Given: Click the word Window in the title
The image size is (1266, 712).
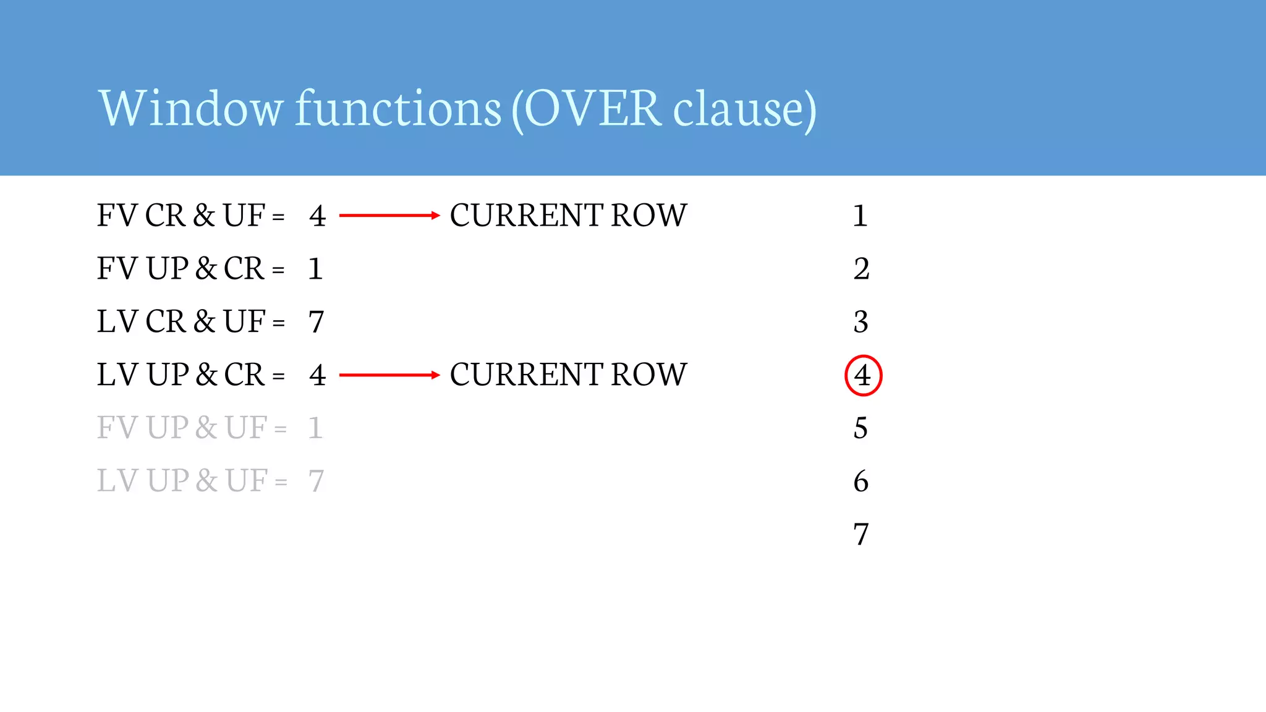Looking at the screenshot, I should (x=191, y=108).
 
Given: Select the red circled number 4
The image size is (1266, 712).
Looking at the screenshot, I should (x=863, y=375).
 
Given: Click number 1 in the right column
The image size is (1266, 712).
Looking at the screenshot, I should (x=860, y=216).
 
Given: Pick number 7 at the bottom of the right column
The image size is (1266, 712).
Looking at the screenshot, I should (x=861, y=534).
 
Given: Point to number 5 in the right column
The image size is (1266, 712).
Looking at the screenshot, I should (x=860, y=428).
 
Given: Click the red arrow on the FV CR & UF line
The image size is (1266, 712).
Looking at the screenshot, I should (x=389, y=216).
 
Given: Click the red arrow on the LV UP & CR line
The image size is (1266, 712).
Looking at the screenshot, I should (x=389, y=375).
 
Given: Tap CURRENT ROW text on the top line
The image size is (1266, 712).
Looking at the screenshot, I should (x=568, y=216).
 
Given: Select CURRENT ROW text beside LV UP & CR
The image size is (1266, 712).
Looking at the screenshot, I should (x=568, y=375).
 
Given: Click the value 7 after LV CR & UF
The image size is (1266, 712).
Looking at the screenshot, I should (x=316, y=322).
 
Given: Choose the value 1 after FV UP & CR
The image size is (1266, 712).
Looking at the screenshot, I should (x=315, y=269).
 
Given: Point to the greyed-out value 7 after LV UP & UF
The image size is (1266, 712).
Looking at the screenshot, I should (x=316, y=481).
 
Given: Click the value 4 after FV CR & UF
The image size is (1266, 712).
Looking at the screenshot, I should (x=318, y=216).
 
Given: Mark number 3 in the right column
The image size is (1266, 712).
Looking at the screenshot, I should (x=861, y=322).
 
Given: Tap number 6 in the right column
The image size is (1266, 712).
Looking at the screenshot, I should (x=861, y=481).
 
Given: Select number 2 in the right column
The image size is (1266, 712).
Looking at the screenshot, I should (x=862, y=269).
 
